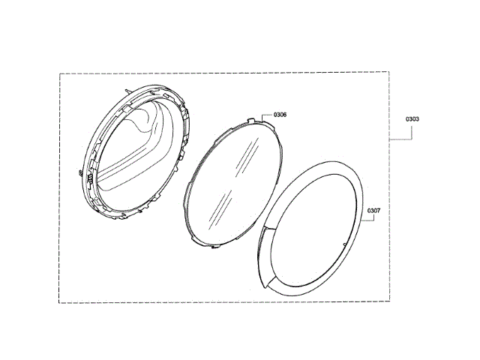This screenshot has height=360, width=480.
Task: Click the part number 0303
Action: coord(412,119)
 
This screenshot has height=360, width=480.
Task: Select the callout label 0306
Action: coord(280,115)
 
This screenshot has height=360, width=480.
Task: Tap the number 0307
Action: coord(373,211)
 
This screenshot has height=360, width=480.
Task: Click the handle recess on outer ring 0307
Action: coord(264,257)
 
